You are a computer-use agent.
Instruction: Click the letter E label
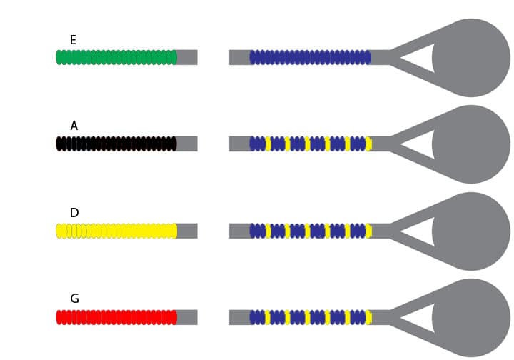73,40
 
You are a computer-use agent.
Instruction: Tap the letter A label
74,126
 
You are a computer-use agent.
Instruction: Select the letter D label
74,212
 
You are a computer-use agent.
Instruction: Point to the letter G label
74,299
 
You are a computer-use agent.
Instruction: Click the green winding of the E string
116,57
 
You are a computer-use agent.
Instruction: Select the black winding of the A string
116,144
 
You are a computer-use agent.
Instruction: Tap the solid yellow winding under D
116,231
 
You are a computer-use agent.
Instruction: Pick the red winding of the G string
116,317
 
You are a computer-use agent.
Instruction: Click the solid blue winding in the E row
310,57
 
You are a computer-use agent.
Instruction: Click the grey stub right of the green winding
187,57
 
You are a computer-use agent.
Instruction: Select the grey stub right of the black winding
187,144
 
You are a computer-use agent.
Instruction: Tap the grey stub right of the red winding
187,317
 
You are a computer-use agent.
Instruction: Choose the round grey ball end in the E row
471,58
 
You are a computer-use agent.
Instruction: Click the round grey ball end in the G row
471,318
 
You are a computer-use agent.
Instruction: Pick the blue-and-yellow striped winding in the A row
311,144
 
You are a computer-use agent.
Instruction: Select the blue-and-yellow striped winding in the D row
311,231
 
